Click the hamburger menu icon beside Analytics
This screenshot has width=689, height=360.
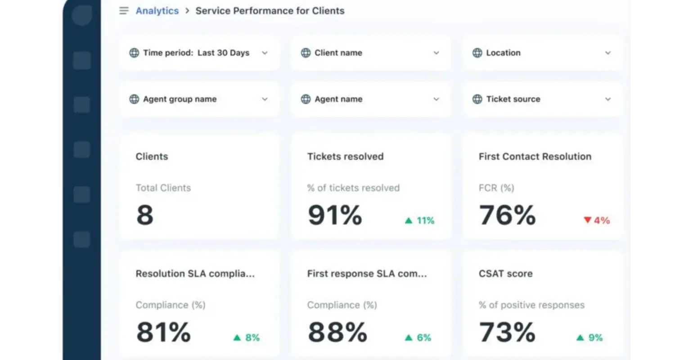point(124,11)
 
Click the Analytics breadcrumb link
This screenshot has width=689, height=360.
point(157,11)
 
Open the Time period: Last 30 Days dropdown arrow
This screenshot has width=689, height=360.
point(265,53)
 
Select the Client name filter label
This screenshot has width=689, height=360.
point(338,53)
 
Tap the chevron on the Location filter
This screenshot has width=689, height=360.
point(608,53)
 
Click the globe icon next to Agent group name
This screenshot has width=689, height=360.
point(134,99)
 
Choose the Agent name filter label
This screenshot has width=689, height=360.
point(338,99)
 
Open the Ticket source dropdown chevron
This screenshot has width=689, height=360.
point(608,99)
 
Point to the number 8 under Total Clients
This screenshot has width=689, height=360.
point(145,215)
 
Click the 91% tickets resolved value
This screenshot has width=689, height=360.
point(335,215)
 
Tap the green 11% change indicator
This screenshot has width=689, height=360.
point(419,220)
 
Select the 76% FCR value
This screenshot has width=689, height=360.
point(507,215)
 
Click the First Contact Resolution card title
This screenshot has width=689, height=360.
point(535,157)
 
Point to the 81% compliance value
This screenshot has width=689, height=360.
point(163,332)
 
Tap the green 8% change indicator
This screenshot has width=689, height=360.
point(247,337)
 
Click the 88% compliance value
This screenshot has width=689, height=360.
point(337,332)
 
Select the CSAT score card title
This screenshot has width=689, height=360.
point(505,274)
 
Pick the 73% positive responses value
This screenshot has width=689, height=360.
point(507,332)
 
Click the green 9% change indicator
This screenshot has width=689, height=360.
point(590,337)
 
